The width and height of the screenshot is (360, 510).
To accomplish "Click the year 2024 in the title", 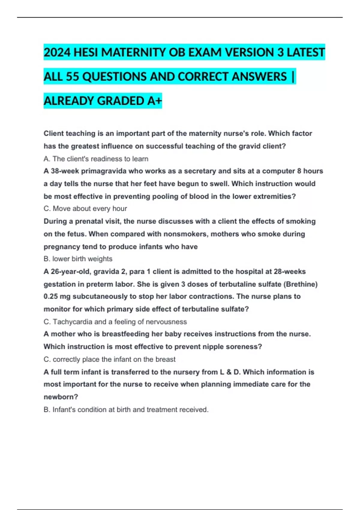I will click(x=57, y=53).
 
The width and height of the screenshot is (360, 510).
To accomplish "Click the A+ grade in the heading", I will click(x=154, y=101).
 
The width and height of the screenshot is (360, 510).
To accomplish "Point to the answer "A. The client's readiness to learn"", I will click(x=96, y=159).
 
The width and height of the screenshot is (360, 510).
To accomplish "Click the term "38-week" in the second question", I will click(x=65, y=171).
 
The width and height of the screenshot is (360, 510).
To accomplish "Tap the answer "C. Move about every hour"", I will click(x=85, y=208).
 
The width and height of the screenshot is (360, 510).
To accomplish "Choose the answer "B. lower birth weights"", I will click(x=78, y=259).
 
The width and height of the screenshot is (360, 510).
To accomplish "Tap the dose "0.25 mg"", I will click(x=57, y=296).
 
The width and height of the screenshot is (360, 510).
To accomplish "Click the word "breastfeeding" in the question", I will click(x=126, y=334).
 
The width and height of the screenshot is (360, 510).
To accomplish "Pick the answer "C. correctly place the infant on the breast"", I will click(x=109, y=359).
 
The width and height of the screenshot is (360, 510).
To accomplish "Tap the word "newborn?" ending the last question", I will click(x=61, y=397).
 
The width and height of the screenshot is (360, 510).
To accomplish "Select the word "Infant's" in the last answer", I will click(x=64, y=410).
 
